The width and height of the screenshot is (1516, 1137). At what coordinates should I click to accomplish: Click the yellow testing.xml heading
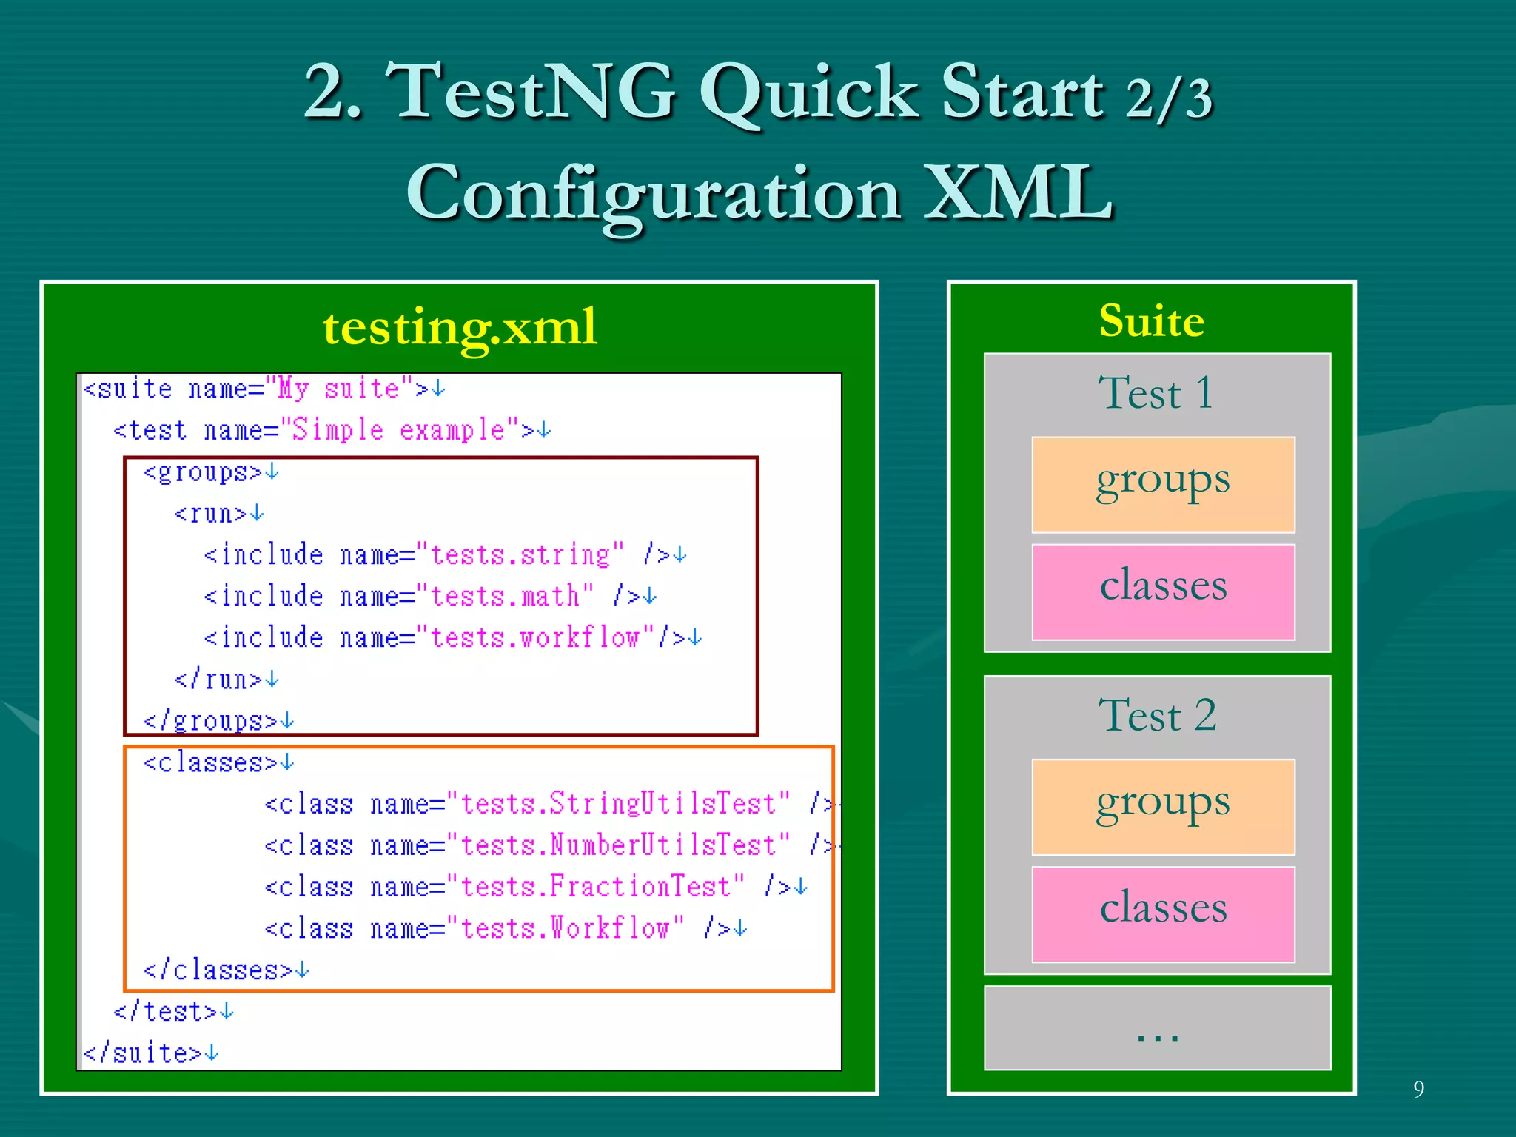tap(459, 326)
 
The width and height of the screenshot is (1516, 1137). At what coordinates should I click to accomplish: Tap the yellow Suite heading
tap(1152, 321)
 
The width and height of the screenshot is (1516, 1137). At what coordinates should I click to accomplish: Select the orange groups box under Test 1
tap(1163, 484)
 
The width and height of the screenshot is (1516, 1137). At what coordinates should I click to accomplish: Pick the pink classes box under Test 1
tap(1163, 591)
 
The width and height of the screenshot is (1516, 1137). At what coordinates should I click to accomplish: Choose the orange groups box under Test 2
tap(1163, 806)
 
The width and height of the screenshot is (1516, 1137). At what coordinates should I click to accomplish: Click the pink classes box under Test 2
tap(1163, 913)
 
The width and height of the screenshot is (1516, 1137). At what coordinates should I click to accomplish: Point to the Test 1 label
tap(1156, 392)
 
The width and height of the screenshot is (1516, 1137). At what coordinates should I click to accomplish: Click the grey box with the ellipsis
tap(1157, 1027)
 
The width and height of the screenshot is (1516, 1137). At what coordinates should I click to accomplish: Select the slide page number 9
tap(1418, 1089)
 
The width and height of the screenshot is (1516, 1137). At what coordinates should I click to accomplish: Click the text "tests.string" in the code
tap(520, 554)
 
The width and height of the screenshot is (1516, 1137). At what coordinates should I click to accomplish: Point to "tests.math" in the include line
tap(505, 596)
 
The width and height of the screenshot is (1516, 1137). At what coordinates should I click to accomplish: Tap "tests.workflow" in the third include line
tap(535, 637)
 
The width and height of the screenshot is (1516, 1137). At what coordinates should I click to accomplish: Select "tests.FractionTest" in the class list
tap(602, 886)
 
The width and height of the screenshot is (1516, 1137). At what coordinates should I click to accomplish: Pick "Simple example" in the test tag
tap(399, 430)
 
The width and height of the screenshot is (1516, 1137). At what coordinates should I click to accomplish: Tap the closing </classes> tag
tap(218, 970)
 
